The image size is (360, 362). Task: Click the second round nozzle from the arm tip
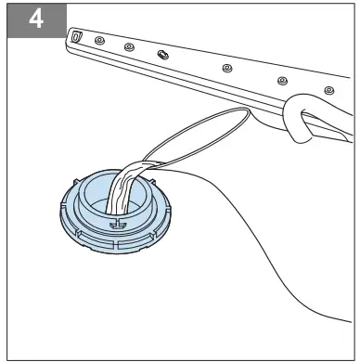tap(131, 47)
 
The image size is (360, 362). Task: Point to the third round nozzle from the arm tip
tap(225, 68)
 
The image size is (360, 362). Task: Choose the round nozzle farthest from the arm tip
tap(328, 89)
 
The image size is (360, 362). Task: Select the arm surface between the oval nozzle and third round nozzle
tap(195, 63)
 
